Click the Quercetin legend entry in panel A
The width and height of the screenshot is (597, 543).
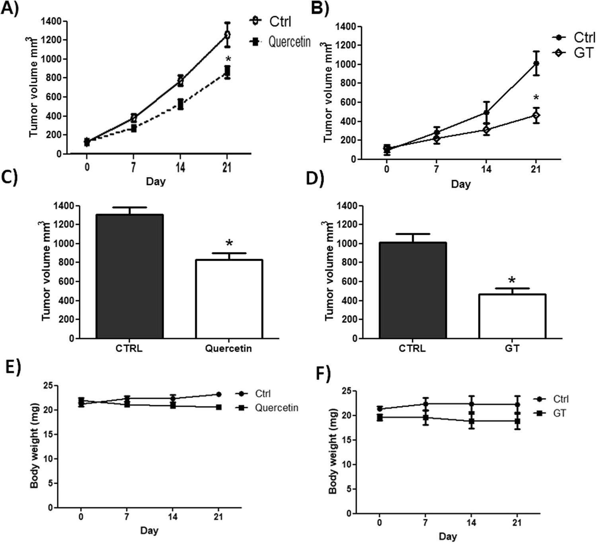pyautogui.click(x=281, y=41)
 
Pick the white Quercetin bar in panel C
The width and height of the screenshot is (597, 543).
pyautogui.click(x=229, y=299)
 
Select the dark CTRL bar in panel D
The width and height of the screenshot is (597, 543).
pyautogui.click(x=413, y=290)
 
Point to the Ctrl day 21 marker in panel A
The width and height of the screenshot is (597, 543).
pyautogui.click(x=227, y=35)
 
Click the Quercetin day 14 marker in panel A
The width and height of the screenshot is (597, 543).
pyautogui.click(x=180, y=104)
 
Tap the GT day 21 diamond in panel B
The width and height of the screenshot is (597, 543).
pyautogui.click(x=536, y=115)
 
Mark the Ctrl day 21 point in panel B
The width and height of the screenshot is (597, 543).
pyautogui.click(x=536, y=63)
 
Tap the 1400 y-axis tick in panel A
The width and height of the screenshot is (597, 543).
pyautogui.click(x=51, y=21)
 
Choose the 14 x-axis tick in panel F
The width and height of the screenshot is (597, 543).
pyautogui.click(x=471, y=522)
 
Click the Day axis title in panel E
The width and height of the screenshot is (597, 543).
pyautogui.click(x=149, y=530)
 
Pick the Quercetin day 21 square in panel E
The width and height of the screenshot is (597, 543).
pyautogui.click(x=219, y=407)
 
